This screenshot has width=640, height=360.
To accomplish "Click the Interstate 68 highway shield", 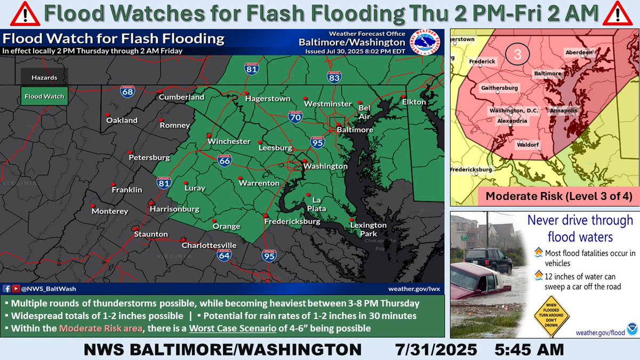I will pos(127,92).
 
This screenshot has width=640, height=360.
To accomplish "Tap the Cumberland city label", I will pos(181,98).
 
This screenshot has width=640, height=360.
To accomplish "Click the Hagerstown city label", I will pos(268,99).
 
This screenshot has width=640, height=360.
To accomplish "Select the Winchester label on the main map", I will pos(229,141).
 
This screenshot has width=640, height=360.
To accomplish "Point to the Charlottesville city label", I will pos(209,245).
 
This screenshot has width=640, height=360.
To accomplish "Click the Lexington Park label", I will pos(368,229).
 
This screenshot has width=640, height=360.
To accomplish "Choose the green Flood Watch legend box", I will pos(44,97).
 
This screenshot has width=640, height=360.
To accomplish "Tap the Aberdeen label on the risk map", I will pos(579,53).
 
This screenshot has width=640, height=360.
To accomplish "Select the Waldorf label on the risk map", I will pos(527,145).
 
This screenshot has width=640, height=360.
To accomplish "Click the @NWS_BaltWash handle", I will pos(48,289).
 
